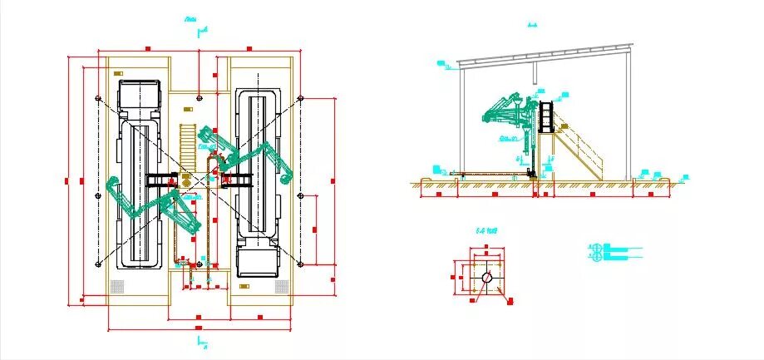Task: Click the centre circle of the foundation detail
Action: (488, 276)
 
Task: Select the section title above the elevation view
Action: (532, 25)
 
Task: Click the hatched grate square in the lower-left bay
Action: (117, 286)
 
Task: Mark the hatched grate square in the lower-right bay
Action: (280, 286)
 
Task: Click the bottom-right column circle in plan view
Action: (300, 264)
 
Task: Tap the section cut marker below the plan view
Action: (200, 341)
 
